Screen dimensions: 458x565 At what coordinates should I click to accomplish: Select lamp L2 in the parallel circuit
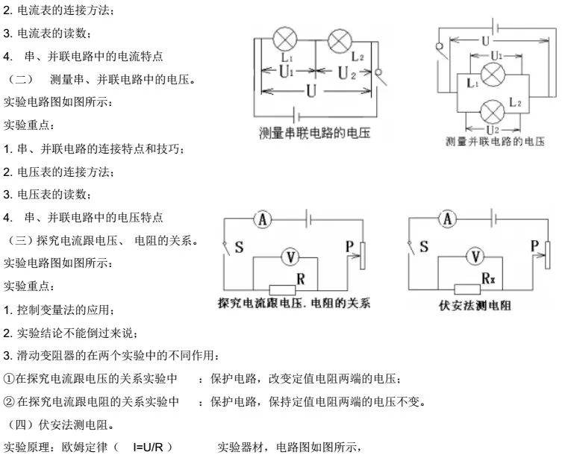492,111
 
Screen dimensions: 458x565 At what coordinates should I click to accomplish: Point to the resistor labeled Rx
467,289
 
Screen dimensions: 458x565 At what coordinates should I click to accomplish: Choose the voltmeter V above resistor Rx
473,257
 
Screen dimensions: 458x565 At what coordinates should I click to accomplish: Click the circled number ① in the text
9,379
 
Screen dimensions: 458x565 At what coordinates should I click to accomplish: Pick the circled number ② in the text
9,402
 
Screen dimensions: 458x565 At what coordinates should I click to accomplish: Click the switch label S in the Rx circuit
423,247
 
